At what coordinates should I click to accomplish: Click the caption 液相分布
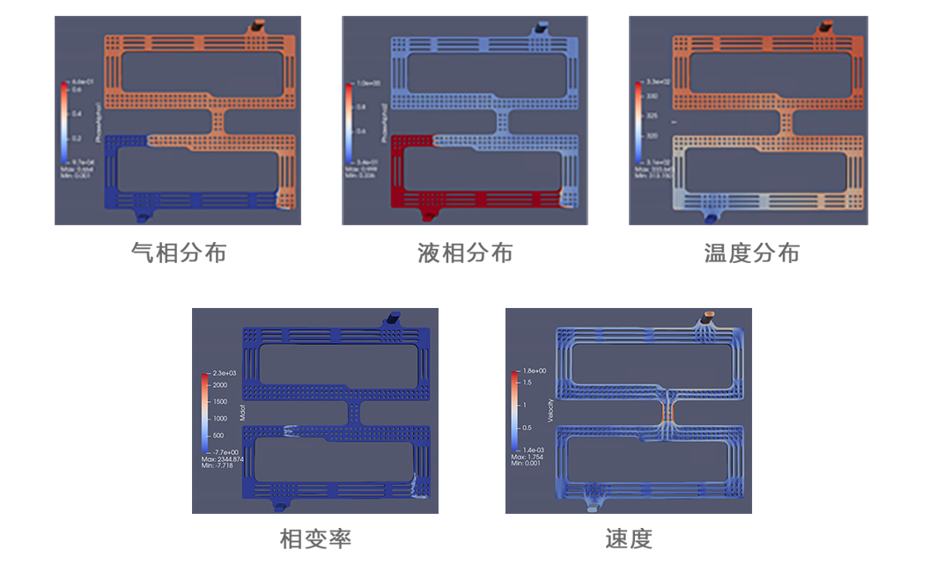pos(465,253)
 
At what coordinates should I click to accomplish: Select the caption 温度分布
pos(751,253)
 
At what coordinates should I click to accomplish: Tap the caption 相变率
pos(315,538)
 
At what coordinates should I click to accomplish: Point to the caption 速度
pos(629,538)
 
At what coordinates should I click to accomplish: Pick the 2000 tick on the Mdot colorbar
pos(218,385)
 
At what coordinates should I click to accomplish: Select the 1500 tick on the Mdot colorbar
pos(218,402)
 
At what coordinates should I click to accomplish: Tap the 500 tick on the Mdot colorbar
pos(217,436)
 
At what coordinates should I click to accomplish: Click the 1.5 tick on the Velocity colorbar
pos(527,382)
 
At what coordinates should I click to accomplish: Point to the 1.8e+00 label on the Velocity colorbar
pos(535,371)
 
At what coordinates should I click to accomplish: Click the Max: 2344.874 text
pos(223,459)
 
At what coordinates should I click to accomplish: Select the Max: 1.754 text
pos(528,458)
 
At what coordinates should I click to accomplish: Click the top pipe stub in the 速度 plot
pos(711,317)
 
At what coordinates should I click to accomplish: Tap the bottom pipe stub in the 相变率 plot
pos(279,505)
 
